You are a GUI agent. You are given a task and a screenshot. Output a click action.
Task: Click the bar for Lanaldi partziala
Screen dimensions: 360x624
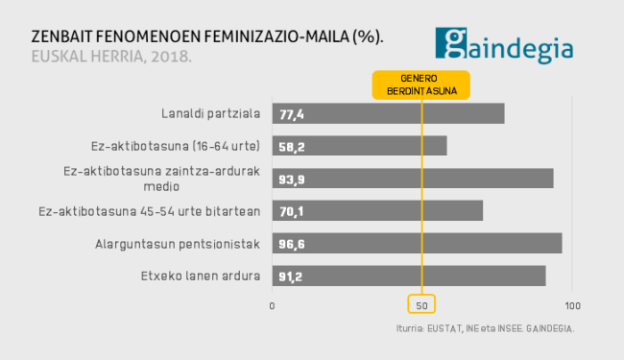388,113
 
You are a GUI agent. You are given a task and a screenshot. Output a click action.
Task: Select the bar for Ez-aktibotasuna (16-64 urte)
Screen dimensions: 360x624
359,146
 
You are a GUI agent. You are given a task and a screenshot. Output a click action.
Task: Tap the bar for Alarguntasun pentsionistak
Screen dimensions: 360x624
417,244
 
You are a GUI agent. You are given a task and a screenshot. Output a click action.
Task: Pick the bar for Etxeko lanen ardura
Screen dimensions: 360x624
409,276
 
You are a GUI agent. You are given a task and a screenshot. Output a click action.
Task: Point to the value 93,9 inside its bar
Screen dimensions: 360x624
292,179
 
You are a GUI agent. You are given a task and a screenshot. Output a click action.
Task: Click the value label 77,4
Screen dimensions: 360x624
292,114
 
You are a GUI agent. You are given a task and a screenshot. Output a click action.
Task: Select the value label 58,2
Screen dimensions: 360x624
292,146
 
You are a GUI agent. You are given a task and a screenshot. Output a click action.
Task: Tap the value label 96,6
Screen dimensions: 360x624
292,244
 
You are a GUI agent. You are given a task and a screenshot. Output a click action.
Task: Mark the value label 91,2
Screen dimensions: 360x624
292,276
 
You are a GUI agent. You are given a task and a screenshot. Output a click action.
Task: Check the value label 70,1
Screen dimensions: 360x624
292,211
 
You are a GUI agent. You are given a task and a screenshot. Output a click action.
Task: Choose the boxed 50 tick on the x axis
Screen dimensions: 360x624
422,305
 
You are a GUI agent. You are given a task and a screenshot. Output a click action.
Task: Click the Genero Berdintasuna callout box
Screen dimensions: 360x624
421,84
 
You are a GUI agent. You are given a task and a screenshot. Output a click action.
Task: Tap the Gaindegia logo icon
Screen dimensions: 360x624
452,43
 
